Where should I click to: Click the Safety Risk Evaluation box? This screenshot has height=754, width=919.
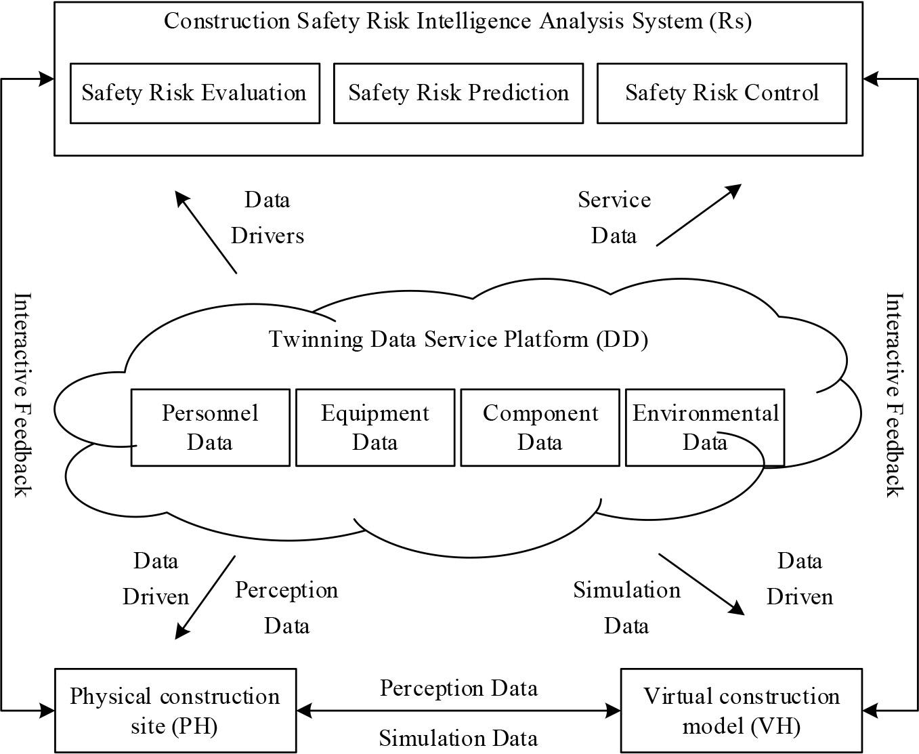point(194,93)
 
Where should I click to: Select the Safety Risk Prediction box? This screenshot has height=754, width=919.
point(458,93)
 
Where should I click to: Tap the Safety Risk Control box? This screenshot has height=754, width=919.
point(721,93)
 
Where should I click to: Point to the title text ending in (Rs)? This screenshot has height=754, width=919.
point(458,21)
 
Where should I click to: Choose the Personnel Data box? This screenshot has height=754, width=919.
point(210,427)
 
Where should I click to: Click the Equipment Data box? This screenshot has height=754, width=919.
point(375,427)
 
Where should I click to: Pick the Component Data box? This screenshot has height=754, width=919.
point(540,427)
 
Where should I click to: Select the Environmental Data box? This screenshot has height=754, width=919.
point(704,427)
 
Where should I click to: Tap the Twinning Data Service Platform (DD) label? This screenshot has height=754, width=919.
point(458,339)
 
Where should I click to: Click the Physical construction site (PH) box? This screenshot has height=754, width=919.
point(175,711)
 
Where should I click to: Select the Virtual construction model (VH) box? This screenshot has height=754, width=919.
point(741,711)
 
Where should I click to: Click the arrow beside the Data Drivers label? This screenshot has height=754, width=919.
point(206,232)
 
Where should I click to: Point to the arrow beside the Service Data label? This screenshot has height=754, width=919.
point(698,215)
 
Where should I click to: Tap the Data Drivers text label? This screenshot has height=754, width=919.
point(268,217)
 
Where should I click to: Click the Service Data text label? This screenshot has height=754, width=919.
point(614,217)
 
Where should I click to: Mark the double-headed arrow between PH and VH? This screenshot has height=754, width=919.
point(458,711)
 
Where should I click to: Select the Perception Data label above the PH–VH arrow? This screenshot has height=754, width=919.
point(458,688)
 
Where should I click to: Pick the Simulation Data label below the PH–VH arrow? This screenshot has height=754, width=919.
point(458,738)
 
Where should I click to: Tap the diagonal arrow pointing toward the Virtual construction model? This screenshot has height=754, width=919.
point(702,584)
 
